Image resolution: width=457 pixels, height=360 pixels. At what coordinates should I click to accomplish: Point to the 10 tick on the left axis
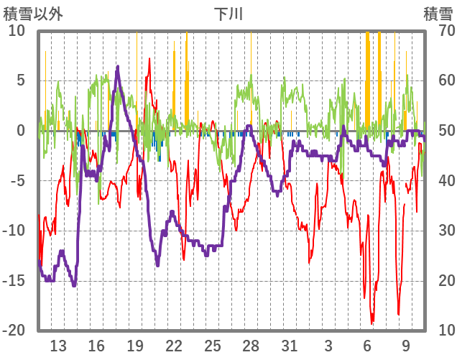point(17,31)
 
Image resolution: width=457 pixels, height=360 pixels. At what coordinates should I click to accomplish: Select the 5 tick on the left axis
point(20,80)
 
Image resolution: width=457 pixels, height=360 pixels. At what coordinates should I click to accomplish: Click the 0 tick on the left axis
point(20,131)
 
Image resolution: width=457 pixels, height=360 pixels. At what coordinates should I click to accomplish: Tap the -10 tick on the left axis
point(14,231)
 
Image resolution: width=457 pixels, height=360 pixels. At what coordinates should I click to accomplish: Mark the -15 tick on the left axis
point(14,281)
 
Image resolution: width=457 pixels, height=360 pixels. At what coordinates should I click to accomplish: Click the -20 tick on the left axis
point(14,331)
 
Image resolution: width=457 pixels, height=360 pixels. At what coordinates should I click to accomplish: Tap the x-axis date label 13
point(58,344)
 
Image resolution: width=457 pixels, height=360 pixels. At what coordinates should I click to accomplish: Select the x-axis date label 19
point(135,344)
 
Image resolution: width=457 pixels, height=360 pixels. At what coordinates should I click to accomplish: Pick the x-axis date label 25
point(212,344)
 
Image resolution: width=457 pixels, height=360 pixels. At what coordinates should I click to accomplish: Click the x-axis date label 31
point(290,344)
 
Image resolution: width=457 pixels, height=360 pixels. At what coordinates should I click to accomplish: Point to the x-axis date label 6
point(367,344)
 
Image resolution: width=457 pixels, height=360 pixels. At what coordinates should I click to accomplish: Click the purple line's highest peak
point(118,67)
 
